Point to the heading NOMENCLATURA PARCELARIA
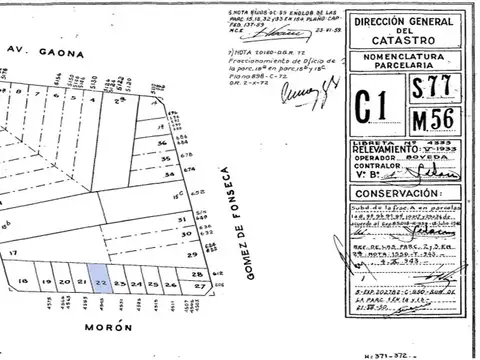(415, 63)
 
